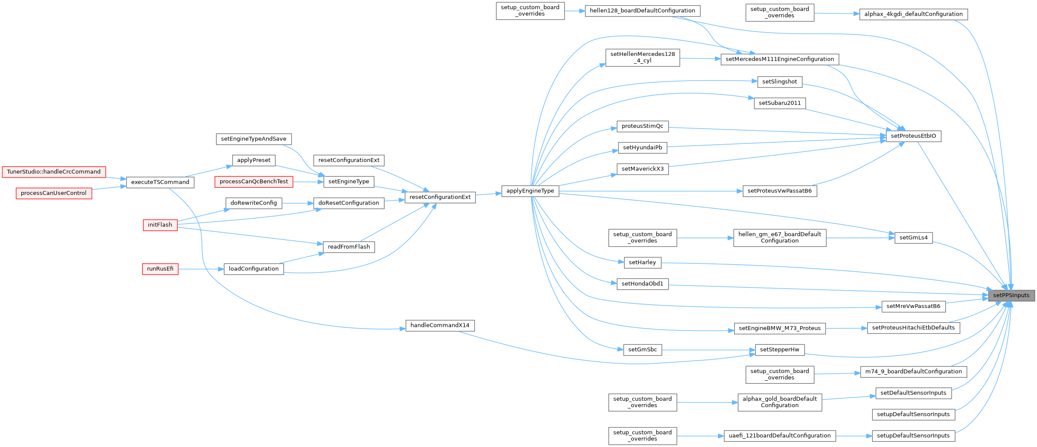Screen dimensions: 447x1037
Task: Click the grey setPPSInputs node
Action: [1011, 295]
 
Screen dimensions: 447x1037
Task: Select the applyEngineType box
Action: [530, 191]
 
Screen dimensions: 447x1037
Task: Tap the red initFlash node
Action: [160, 225]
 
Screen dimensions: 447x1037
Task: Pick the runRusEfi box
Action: [160, 269]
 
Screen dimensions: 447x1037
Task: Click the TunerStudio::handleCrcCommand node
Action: [54, 172]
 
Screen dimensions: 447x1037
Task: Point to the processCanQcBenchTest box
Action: [254, 181]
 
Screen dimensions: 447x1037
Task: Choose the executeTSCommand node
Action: [160, 182]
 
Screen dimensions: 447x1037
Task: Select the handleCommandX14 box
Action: [440, 325]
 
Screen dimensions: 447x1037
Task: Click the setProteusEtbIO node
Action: [913, 136]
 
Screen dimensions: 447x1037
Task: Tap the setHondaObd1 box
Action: [642, 284]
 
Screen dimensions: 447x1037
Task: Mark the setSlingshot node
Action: [780, 82]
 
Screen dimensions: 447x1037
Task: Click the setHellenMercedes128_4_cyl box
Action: [642, 57]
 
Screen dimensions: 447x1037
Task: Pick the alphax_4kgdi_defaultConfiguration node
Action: [913, 14]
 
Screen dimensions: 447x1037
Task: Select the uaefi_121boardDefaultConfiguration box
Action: [780, 436]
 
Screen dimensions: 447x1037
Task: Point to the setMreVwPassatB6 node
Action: [913, 307]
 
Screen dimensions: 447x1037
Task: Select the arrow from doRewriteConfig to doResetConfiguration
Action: [298, 203]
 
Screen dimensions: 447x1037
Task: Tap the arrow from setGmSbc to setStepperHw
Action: [708, 350]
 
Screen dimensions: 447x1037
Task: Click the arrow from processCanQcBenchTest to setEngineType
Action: [308, 182]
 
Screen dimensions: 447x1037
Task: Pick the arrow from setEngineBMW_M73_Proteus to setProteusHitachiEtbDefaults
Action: [846, 328]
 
